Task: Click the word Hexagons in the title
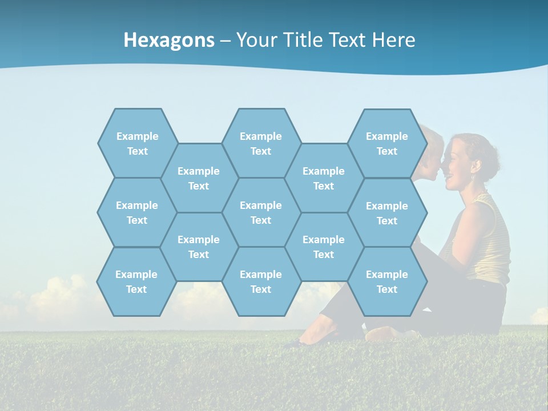tap(169, 40)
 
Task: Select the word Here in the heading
tap(393, 40)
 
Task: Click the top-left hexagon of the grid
tap(138, 143)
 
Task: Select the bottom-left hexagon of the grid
tap(136, 281)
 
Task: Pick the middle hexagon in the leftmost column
tap(137, 212)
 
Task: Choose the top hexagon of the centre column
tap(261, 143)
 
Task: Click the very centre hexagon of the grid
tap(261, 212)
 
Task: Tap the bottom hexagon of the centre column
tap(261, 281)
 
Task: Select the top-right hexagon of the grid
tap(387, 143)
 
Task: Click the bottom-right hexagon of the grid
tap(387, 281)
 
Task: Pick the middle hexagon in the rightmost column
tap(387, 213)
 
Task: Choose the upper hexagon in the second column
tap(199, 178)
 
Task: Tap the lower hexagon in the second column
tap(199, 247)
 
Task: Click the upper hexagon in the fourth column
tap(324, 178)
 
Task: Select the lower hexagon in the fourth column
tap(324, 247)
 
